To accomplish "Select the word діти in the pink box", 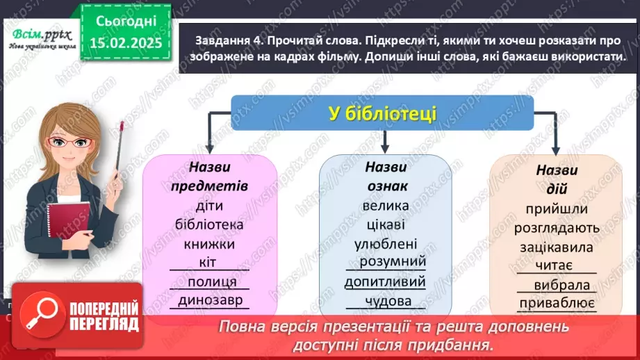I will click(209, 206).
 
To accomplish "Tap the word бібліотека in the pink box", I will click(209, 225).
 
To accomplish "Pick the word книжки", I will click(209, 244).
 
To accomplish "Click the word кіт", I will click(209, 263).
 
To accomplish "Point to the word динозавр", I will click(209, 300).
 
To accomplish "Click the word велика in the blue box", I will click(385, 206).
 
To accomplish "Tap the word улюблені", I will click(385, 244).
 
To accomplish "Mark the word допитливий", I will click(385, 282).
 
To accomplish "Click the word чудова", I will click(385, 302).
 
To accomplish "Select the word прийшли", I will click(557, 209).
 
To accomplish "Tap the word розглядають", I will click(557, 227).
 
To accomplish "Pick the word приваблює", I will click(557, 303).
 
